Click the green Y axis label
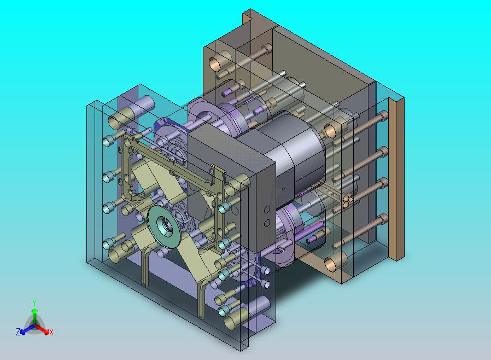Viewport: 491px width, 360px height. (34, 303)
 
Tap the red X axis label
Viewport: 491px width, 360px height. (51, 332)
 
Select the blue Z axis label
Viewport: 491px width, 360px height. (18, 332)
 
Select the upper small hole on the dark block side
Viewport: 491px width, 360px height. (267, 210)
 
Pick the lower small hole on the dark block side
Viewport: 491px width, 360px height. (267, 223)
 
